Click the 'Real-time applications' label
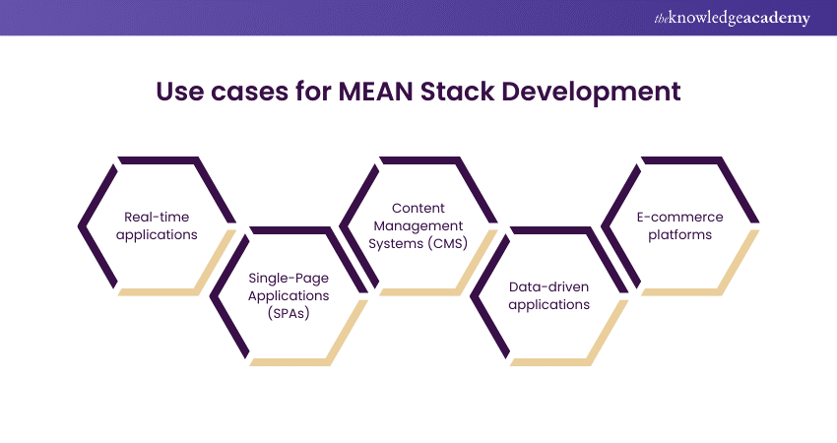point(160,225)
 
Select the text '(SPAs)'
point(288,312)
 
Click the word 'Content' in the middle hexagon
point(418,208)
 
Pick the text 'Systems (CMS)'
point(418,243)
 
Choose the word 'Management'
point(418,225)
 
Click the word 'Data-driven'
point(549,286)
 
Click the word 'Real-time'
point(160,217)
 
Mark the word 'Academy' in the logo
point(781,19)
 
